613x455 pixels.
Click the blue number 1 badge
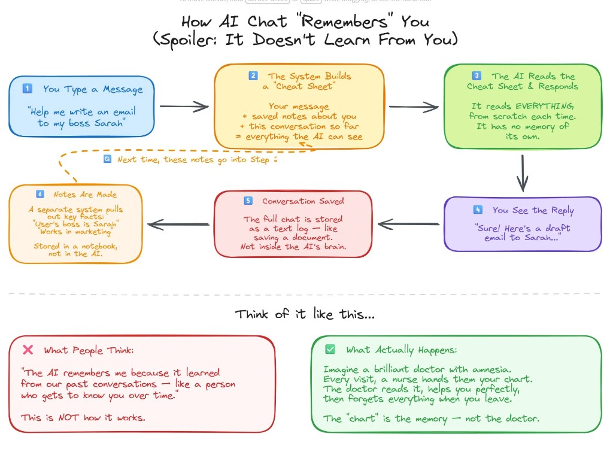[x=27, y=89]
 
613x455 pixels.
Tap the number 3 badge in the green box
[x=477, y=76]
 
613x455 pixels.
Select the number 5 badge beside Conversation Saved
[x=248, y=201]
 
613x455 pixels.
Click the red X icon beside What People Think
[x=28, y=350]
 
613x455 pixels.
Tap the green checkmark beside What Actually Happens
[x=330, y=349]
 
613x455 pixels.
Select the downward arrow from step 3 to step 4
[x=523, y=172]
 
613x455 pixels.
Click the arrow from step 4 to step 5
[x=409, y=225]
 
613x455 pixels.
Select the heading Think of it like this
[x=305, y=314]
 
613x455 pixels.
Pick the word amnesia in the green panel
[x=500, y=369]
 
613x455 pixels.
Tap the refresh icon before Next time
[x=107, y=159]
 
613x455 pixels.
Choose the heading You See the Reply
[x=533, y=210]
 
